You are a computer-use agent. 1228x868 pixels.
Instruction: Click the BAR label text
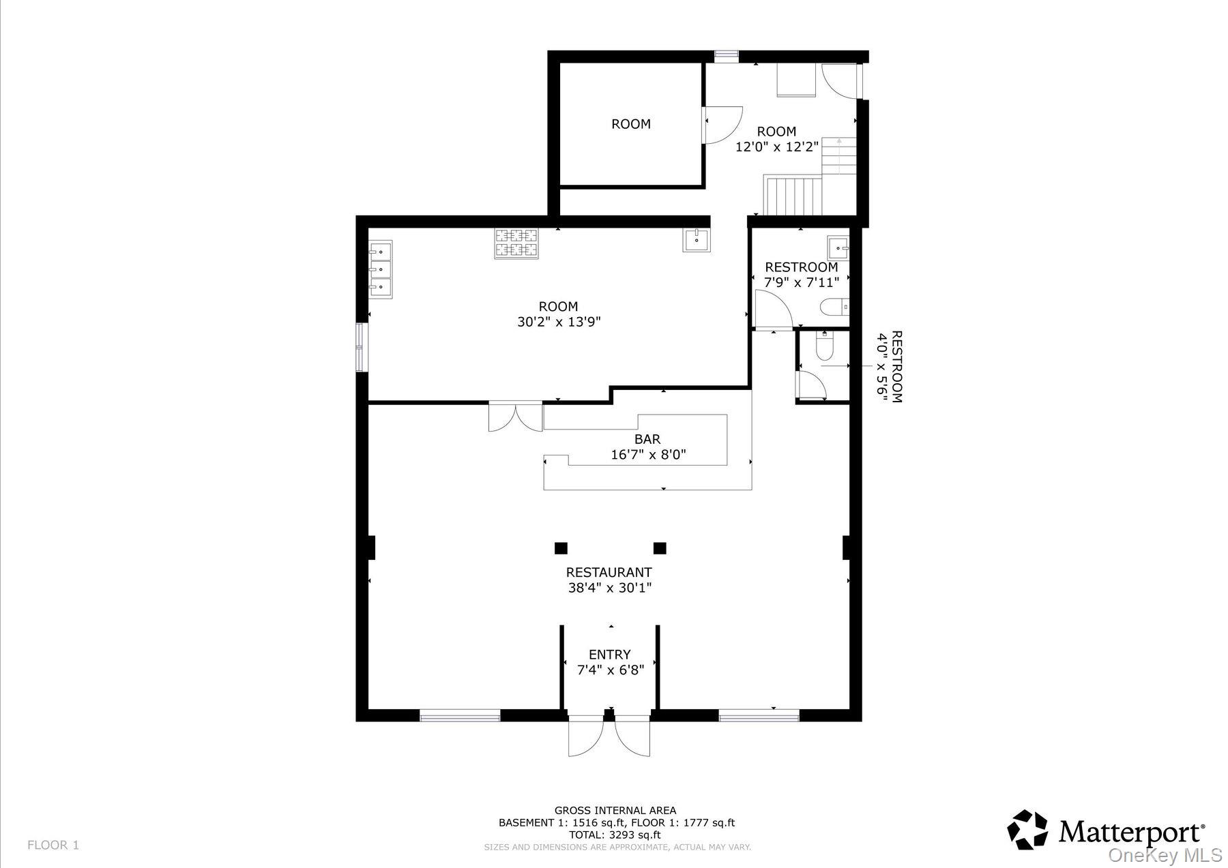pyautogui.click(x=647, y=440)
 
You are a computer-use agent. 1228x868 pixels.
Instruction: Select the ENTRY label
pyautogui.click(x=609, y=655)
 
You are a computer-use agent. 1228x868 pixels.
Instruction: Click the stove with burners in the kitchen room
pyautogui.click(x=516, y=243)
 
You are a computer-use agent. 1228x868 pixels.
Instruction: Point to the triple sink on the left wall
pyautogui.click(x=380, y=270)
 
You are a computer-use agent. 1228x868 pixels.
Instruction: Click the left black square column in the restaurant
pyautogui.click(x=561, y=548)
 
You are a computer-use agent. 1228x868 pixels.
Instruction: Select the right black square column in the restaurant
pyautogui.click(x=659, y=548)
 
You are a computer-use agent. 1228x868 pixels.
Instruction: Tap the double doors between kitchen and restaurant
pyautogui.click(x=516, y=417)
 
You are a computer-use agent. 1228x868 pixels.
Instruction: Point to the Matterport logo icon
pyautogui.click(x=1027, y=830)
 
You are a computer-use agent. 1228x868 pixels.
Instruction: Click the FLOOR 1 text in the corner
pyautogui.click(x=53, y=845)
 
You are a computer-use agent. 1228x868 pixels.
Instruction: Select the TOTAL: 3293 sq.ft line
pyautogui.click(x=615, y=835)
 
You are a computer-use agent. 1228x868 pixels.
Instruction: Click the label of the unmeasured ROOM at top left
pyautogui.click(x=630, y=124)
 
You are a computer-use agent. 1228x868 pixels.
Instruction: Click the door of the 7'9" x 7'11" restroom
pyautogui.click(x=771, y=310)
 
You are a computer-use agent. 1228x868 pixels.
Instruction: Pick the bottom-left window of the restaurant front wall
pyautogui.click(x=460, y=715)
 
